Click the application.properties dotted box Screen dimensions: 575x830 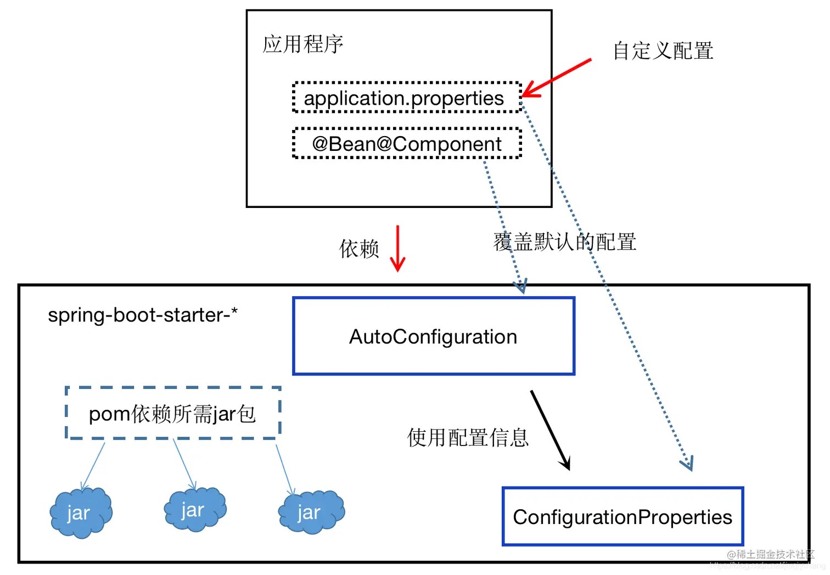click(407, 98)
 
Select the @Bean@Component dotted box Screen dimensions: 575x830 click(407, 144)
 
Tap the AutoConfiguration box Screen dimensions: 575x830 click(433, 336)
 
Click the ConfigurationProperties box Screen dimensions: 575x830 click(622, 517)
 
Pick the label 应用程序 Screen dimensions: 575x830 click(303, 44)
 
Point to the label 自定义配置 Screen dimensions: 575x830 click(663, 51)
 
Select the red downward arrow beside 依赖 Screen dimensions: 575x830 click(397, 248)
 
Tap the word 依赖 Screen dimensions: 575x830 click(359, 249)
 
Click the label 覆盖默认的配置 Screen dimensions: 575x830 click(564, 242)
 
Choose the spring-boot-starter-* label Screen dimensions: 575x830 click(143, 315)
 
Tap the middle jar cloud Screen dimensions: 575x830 click(195, 510)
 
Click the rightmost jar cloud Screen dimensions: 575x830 click(311, 512)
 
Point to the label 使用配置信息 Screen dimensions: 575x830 click(468, 438)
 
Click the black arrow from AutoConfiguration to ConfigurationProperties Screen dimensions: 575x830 click(550, 430)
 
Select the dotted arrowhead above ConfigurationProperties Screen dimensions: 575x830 click(688, 464)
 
